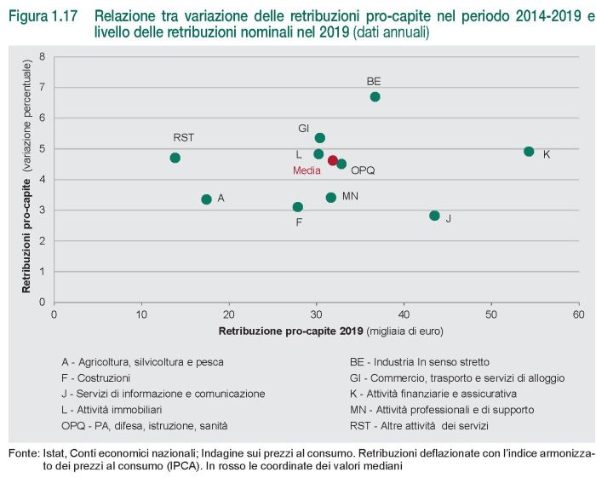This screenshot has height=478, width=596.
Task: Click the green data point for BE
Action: [x=375, y=96]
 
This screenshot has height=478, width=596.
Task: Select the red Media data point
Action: [x=333, y=160]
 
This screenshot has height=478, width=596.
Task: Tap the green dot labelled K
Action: [x=529, y=152]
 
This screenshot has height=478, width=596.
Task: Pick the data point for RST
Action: [x=175, y=158]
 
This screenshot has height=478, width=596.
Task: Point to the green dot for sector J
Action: [x=435, y=216]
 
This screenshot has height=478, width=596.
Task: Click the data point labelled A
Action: [x=206, y=199]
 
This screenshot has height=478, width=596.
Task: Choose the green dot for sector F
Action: [x=297, y=207]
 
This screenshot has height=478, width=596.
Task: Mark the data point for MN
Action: [x=331, y=198]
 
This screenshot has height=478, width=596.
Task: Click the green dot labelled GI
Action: [x=320, y=138]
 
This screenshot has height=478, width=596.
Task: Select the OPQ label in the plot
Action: [x=363, y=170]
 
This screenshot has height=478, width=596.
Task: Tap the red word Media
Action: [x=307, y=170]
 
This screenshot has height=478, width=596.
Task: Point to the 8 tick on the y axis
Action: [x=43, y=57]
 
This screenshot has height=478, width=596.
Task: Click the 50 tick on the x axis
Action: [x=490, y=314]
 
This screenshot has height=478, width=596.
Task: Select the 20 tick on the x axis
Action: [x=229, y=314]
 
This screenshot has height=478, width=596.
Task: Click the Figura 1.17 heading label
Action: [x=39, y=16]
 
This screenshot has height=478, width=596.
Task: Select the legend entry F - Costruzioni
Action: [x=96, y=377]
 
